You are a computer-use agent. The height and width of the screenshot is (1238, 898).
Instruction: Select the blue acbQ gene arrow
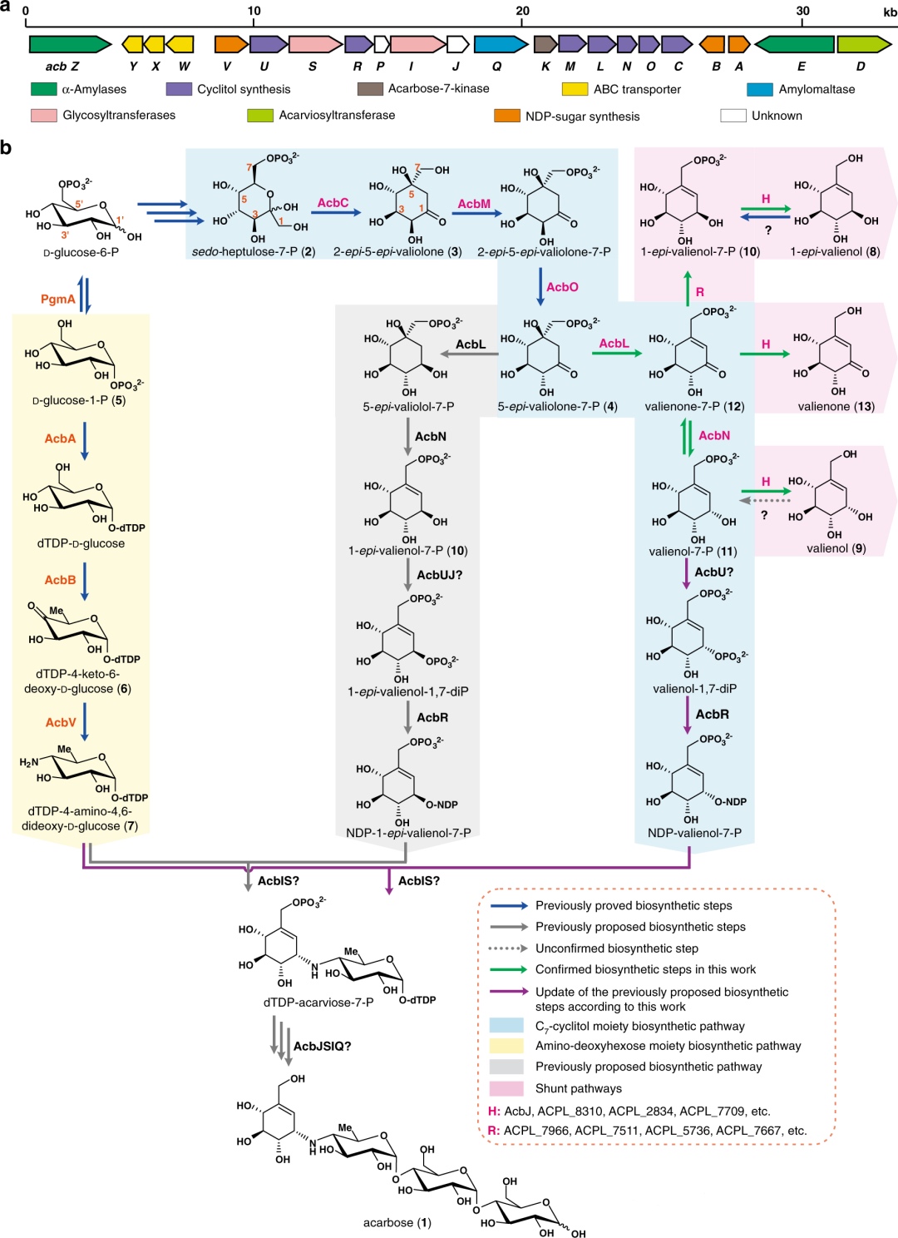click(x=501, y=44)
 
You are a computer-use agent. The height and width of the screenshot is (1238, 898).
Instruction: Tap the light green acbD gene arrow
click(x=864, y=44)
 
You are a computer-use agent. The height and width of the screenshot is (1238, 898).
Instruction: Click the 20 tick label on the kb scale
click(x=522, y=11)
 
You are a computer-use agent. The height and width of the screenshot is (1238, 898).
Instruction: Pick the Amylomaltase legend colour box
click(x=760, y=89)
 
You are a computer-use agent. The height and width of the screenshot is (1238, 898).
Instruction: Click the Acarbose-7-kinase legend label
click(x=438, y=88)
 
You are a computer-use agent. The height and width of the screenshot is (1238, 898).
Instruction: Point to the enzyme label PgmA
click(x=58, y=300)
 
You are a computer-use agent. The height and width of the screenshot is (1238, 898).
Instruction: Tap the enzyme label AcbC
click(x=333, y=203)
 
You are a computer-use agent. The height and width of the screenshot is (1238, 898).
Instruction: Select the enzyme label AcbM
click(x=474, y=204)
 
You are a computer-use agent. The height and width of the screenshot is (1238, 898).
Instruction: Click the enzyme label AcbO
click(x=562, y=287)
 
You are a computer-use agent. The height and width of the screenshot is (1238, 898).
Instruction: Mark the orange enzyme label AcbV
click(x=61, y=722)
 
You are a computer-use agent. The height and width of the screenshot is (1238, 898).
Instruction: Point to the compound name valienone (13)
click(x=836, y=406)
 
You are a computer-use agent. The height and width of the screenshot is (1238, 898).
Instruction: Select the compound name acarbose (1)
click(x=397, y=1222)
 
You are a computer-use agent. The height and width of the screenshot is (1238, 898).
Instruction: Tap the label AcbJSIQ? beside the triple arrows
click(x=323, y=1046)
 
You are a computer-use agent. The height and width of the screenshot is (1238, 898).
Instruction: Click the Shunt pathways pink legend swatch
click(x=506, y=1088)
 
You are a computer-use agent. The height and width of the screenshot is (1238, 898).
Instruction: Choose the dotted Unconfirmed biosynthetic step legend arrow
click(x=508, y=948)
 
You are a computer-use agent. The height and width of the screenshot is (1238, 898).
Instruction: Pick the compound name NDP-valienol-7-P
click(x=694, y=833)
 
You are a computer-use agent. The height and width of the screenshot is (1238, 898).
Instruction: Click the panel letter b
click(x=6, y=148)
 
